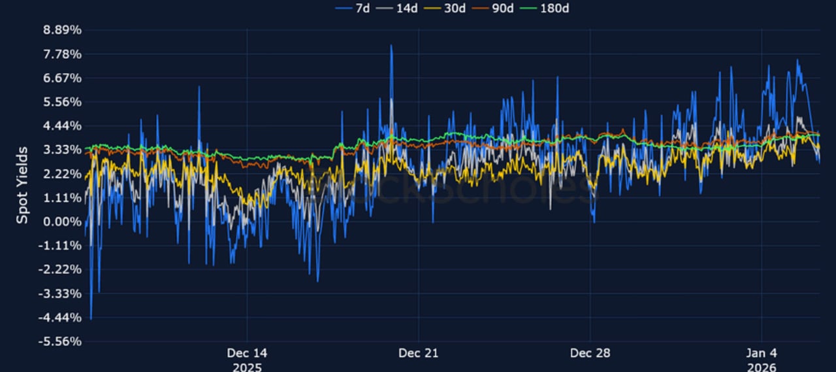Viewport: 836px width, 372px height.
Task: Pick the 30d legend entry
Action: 449,8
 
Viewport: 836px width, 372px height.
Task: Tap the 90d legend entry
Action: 498,8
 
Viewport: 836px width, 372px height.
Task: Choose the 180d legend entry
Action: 551,8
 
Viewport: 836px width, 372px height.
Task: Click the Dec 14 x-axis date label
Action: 247,353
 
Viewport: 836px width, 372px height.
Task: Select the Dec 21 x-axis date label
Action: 419,353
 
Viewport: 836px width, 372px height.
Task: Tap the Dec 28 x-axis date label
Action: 590,353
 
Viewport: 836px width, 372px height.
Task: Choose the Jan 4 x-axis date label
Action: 762,353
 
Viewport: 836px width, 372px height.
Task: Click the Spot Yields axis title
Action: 22,185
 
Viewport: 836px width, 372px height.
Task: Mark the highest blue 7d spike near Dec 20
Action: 391,46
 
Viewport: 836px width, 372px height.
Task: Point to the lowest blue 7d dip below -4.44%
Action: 91,318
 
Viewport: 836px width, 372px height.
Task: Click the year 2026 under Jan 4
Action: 762,367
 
